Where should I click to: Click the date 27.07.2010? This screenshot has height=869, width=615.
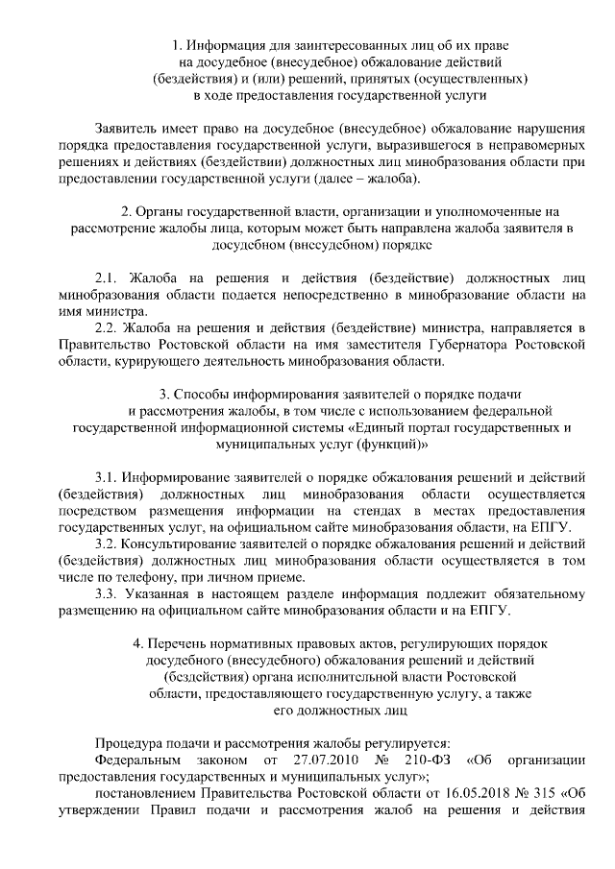[x=303, y=760]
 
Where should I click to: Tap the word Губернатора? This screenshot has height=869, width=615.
[x=465, y=345]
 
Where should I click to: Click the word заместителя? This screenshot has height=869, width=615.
[x=386, y=345]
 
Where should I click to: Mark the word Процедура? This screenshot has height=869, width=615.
[x=130, y=743]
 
